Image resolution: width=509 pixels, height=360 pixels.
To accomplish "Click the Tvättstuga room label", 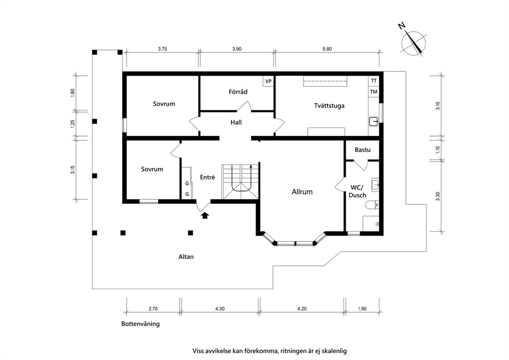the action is pos(329,106).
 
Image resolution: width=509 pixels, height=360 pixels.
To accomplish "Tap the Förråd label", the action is pos(238,91).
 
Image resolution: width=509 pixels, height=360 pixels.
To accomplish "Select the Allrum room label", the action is pos(302,192).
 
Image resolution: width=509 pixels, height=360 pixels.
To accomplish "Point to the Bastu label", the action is pos(363,150).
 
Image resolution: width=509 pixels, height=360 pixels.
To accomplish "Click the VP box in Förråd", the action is pos(268,81).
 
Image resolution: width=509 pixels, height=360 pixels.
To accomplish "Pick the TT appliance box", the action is pos(374,81).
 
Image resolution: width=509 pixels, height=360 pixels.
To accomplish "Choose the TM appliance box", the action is pos(374,91).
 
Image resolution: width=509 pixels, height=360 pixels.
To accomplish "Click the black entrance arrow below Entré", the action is pos(205,215).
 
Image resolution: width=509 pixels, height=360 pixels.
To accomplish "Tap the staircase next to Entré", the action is pos(240,182).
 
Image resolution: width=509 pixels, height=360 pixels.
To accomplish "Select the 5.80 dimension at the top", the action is pos(327,49).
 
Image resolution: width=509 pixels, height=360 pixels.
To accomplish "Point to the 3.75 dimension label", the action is pos(162,49).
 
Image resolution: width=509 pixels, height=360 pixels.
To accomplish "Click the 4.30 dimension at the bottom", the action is pos(220,309).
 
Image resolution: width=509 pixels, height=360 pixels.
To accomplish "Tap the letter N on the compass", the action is pos(402,26).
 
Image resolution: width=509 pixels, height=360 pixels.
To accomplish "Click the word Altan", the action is pos(186,257).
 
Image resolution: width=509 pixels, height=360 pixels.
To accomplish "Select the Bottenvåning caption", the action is pos(141,324).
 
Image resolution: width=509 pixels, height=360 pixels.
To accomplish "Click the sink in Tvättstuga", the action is pos(374,121).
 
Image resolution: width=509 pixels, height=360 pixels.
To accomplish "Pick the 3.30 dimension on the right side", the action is pos(438,197).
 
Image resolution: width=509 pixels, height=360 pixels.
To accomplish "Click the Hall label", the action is pos(236,123).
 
